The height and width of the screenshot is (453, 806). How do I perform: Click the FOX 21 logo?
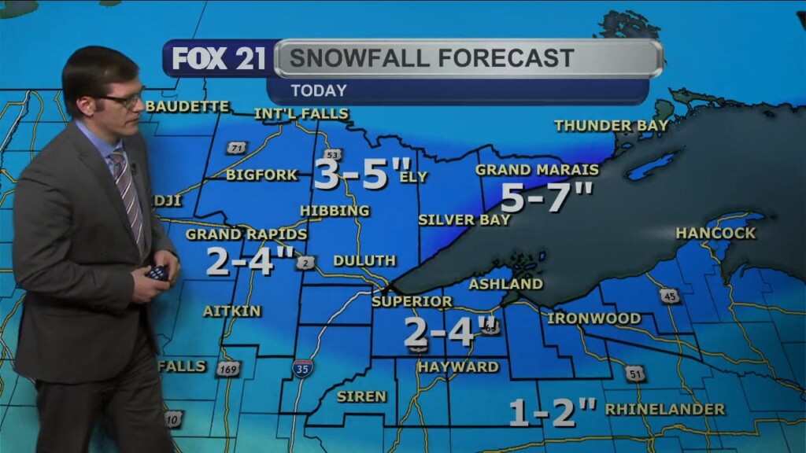coord(218,59)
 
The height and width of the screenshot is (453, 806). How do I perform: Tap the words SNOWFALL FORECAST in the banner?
coord(431,58)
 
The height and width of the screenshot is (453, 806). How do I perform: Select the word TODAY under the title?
coord(319,90)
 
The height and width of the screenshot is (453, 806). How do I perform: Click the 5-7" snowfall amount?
coord(546,197)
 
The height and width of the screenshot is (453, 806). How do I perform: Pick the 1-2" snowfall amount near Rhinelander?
coord(553,412)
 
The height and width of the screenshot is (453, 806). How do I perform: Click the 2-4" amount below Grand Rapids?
coord(250,261)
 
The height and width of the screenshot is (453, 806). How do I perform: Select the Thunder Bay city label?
coord(611,125)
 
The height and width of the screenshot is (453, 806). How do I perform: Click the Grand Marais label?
coord(537,170)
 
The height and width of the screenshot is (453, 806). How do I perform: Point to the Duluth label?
coord(364,260)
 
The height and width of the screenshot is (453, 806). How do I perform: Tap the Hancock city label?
coord(715,233)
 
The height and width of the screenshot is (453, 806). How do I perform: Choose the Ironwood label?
coord(593,319)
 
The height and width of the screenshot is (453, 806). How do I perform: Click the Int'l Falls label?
coord(301,114)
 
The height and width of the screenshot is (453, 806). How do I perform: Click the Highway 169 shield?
coord(228,368)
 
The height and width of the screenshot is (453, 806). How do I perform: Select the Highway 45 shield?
coord(669,295)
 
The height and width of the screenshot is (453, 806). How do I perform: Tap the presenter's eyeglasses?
coord(121,100)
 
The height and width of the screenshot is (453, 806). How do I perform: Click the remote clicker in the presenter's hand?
coord(157,273)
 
